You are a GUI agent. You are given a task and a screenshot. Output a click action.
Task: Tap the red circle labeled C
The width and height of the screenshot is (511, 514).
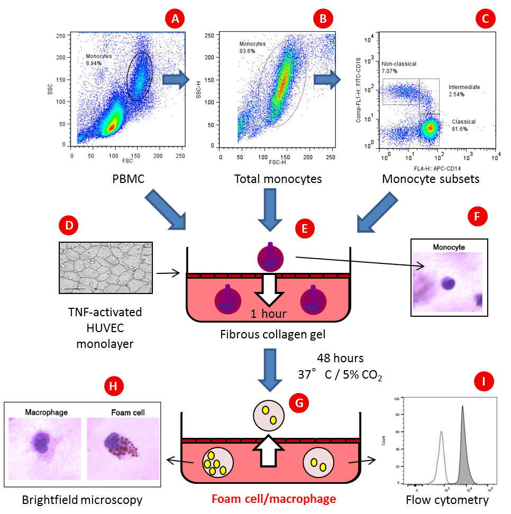tap(485, 20)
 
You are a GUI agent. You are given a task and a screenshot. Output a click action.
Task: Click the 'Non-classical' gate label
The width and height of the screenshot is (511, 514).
tap(399, 64)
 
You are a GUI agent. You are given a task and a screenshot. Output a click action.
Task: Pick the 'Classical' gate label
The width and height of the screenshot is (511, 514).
tap(463, 122)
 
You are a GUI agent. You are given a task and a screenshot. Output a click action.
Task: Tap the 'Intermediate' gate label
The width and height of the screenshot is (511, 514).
tap(464, 87)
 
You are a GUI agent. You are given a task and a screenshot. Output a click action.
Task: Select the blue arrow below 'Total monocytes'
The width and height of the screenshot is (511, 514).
tap(270, 209)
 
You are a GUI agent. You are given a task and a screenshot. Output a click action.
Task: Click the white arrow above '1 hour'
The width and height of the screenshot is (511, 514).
tap(269, 288)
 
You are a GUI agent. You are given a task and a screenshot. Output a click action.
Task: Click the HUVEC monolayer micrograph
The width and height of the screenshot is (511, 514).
tap(106, 268)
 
